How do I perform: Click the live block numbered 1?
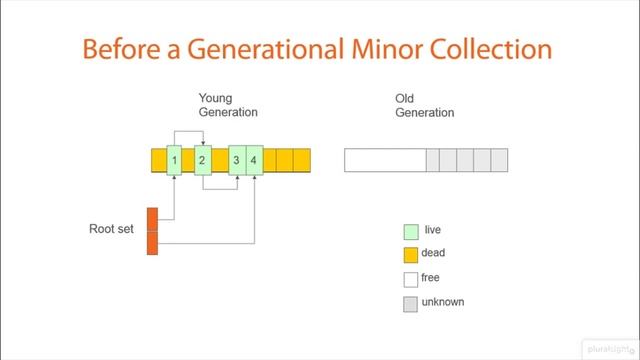(x=174, y=160)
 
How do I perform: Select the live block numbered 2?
(x=202, y=160)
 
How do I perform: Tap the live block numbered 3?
(x=237, y=160)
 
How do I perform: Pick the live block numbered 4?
(x=254, y=160)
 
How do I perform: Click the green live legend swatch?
(x=410, y=232)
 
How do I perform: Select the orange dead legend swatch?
(x=410, y=255)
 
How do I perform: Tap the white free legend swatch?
(x=410, y=279)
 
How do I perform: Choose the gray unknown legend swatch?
(x=410, y=304)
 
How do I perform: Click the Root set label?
(x=111, y=229)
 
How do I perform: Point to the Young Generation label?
(x=228, y=105)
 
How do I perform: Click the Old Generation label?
(x=424, y=105)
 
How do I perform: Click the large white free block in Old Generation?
(x=385, y=160)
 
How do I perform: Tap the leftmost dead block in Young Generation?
(x=159, y=160)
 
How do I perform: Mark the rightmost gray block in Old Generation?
(x=499, y=160)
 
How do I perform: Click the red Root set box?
(x=153, y=231)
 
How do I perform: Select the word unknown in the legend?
(x=442, y=302)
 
